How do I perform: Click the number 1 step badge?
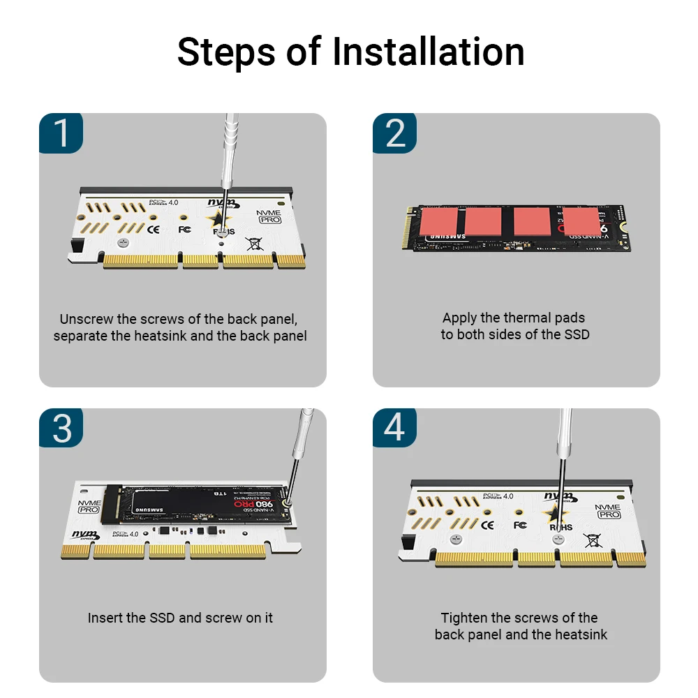click(62, 133)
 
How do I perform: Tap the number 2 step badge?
click(395, 133)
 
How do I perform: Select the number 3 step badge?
click(62, 428)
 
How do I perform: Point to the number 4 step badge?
click(395, 428)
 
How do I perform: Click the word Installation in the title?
click(428, 52)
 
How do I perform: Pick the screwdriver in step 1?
click(228, 154)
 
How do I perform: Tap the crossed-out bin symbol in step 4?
click(592, 539)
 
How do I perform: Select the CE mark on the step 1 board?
click(153, 228)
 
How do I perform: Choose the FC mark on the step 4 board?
click(520, 524)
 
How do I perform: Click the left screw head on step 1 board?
click(123, 243)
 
